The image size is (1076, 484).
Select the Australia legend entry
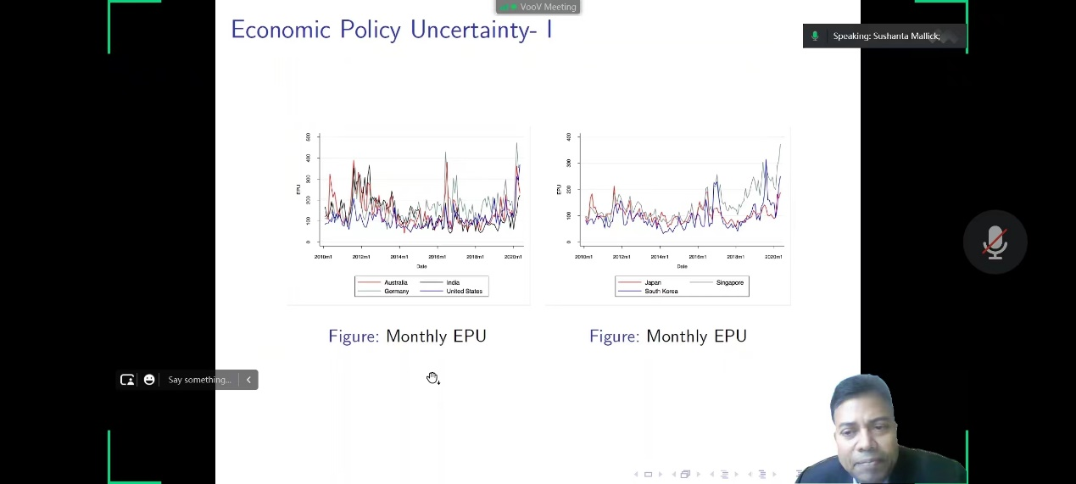pos(395,282)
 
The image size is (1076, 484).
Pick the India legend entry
pos(453,282)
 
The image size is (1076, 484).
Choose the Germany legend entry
pos(396,292)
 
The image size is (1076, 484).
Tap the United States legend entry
pos(464,292)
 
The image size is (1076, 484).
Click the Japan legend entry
pos(653,282)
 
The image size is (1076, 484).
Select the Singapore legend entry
pos(729,282)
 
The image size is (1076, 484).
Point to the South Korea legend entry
pos(661,292)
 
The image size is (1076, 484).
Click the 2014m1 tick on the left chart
pos(399,257)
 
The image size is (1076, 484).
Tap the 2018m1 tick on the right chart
pos(735,257)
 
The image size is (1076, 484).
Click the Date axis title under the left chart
pos(421,266)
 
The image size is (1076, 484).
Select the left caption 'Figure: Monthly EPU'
pos(407,337)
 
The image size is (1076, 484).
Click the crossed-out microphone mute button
pos(995,242)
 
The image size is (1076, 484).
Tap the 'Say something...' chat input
pos(199,380)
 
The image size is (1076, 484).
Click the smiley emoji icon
pos(149,380)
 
